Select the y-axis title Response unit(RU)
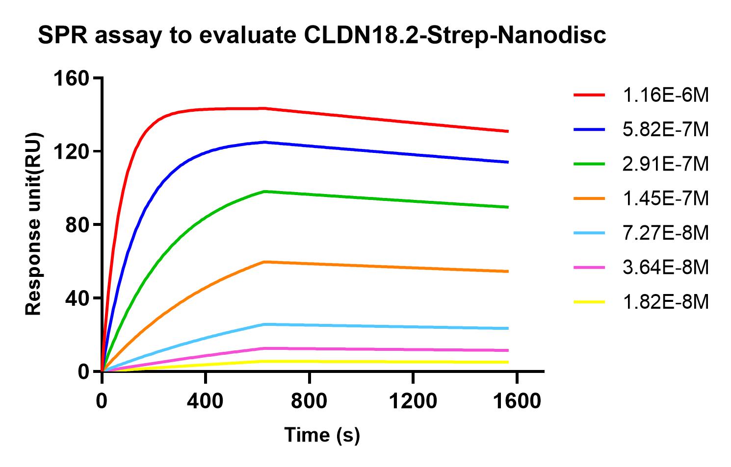(x=33, y=224)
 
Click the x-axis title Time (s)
(x=322, y=435)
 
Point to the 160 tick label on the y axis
(x=72, y=78)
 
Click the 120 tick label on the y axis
(x=72, y=151)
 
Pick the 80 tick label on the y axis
(x=78, y=224)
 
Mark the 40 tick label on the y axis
(x=78, y=298)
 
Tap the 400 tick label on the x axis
(x=206, y=401)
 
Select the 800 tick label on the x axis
(x=310, y=401)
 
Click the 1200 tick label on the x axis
(x=413, y=401)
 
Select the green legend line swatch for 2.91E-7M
(x=589, y=164)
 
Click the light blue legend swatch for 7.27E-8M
(x=589, y=233)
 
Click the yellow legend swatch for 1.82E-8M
(x=589, y=302)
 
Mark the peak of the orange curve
(x=265, y=262)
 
